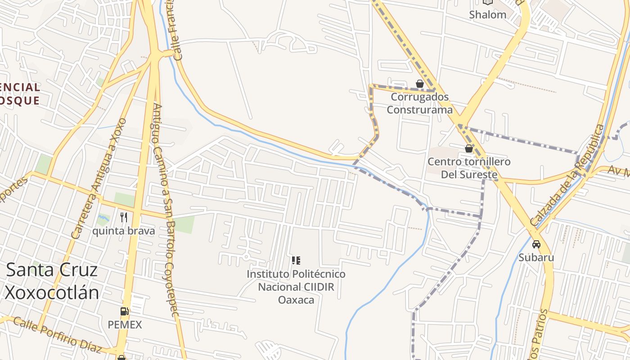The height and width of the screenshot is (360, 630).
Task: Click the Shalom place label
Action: pyautogui.click(x=487, y=14)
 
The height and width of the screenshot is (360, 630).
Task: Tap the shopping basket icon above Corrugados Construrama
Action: pyautogui.click(x=420, y=84)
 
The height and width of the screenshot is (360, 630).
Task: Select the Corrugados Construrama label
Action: pyautogui.click(x=419, y=103)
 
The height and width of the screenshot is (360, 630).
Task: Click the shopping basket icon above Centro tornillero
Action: pyautogui.click(x=469, y=148)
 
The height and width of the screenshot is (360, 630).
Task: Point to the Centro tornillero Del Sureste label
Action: pyautogui.click(x=469, y=168)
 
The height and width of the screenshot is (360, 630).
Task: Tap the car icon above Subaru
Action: pyautogui.click(x=536, y=244)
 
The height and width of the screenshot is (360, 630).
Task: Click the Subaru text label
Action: pyautogui.click(x=536, y=257)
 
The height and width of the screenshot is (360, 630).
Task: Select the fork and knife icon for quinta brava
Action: pyautogui.click(x=124, y=218)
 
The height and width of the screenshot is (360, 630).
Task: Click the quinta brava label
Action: pyautogui.click(x=123, y=231)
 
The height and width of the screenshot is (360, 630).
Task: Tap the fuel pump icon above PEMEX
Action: pyautogui.click(x=124, y=311)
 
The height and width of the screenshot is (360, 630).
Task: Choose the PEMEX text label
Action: pyautogui.click(x=125, y=324)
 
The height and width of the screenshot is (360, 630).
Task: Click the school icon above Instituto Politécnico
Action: pyautogui.click(x=296, y=260)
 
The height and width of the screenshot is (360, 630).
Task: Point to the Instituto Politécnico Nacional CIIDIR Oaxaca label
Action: pyautogui.click(x=296, y=287)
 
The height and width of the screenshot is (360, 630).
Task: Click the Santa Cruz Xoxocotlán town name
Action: pyautogui.click(x=52, y=281)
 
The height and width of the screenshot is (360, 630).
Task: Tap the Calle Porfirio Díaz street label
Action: pyautogui.click(x=57, y=335)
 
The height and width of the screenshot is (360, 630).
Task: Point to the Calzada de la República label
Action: pyautogui.click(x=567, y=175)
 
